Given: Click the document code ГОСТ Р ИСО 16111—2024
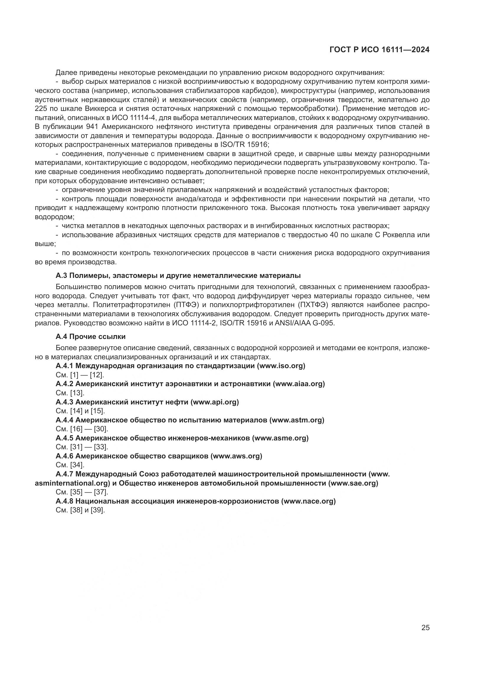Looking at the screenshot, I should [379, 50].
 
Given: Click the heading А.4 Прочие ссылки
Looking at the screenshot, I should [91, 337].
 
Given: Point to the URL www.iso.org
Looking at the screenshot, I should [281, 366].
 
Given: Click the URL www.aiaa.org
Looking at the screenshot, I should [298, 384].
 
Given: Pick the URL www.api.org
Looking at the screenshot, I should [214, 402].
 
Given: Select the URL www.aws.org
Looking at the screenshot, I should [236, 456].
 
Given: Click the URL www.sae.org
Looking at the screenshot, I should [353, 483].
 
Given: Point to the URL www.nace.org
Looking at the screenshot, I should [309, 501].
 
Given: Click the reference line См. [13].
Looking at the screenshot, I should [70, 393].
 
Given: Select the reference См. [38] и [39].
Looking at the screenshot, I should [80, 510].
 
